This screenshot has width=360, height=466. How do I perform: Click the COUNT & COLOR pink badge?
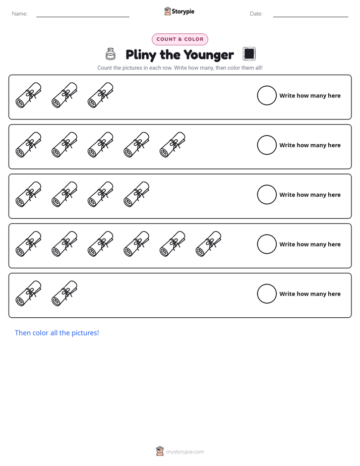tap(179, 39)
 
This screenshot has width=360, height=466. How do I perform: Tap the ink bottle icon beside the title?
tap(110, 54)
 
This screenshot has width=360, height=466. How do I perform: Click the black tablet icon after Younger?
tap(249, 54)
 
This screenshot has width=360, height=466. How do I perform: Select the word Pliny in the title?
tap(141, 55)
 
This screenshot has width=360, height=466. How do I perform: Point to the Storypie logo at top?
tap(179, 11)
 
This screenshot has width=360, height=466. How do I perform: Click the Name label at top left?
tap(20, 14)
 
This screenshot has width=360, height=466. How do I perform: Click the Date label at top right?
tap(256, 14)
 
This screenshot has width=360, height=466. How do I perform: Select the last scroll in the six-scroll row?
tap(209, 244)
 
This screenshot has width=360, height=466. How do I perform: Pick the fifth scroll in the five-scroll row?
tap(172, 145)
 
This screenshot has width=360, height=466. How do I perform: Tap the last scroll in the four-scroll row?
tap(137, 194)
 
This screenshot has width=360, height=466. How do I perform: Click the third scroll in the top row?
tap(100, 95)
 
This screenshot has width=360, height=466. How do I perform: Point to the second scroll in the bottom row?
tap(65, 294)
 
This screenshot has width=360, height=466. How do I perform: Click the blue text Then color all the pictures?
tap(57, 333)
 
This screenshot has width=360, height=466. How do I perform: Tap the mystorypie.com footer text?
tap(185, 452)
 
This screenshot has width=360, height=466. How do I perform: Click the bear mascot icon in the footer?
tap(160, 451)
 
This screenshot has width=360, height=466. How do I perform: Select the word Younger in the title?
tap(209, 55)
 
